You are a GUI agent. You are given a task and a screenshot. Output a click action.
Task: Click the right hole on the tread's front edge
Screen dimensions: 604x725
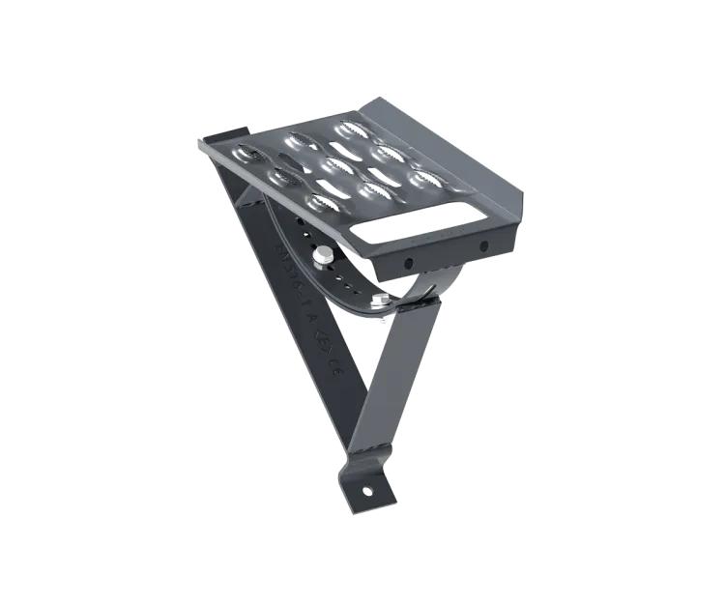484,246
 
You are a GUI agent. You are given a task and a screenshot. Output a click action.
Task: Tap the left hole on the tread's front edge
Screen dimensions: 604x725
408,264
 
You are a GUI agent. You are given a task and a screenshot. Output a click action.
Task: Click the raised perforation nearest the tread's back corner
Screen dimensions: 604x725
348,126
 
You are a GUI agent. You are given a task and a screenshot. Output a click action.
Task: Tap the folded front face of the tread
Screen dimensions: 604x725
445,253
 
